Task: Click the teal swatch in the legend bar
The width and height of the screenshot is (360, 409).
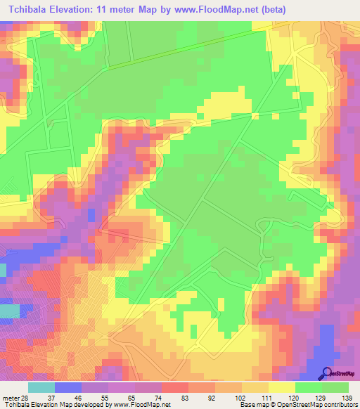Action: [41, 387]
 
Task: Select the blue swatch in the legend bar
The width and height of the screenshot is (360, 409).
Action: [68, 387]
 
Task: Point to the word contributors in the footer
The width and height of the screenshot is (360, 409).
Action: [340, 404]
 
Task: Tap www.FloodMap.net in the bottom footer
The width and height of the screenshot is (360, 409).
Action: [141, 404]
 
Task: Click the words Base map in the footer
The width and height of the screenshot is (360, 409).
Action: [250, 404]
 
